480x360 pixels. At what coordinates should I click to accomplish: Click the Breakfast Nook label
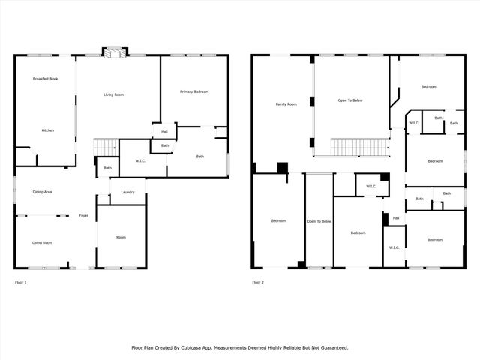45,79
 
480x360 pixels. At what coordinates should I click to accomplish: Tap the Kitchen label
47,130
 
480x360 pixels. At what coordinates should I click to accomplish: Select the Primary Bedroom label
194,91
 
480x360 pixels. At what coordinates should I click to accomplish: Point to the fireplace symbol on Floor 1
115,54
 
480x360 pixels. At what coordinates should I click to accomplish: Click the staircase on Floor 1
106,147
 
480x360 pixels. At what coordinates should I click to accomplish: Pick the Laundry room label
127,192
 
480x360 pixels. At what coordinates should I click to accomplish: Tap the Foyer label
84,216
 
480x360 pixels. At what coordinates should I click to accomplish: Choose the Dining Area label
42,192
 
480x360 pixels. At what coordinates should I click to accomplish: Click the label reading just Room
121,237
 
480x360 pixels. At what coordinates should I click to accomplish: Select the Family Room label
286,104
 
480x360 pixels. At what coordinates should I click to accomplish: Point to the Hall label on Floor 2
395,218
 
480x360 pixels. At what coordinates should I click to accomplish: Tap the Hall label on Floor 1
164,132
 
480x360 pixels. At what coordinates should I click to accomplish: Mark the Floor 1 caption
21,282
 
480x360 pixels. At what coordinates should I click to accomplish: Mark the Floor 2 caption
258,282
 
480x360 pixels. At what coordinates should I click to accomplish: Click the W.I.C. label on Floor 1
140,160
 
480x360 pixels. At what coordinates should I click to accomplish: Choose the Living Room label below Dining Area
42,242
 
